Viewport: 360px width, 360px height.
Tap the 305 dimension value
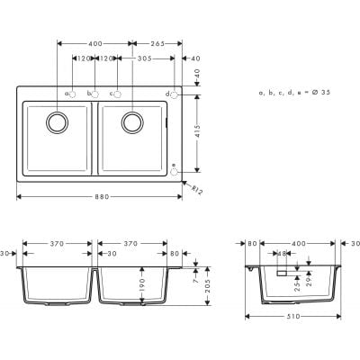pyautogui.click(x=144, y=58)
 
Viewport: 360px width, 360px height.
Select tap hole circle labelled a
pyautogui.click(x=73, y=94)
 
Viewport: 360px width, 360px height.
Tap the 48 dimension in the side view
pyautogui.click(x=281, y=255)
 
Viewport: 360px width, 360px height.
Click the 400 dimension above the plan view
pyautogui.click(x=94, y=43)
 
